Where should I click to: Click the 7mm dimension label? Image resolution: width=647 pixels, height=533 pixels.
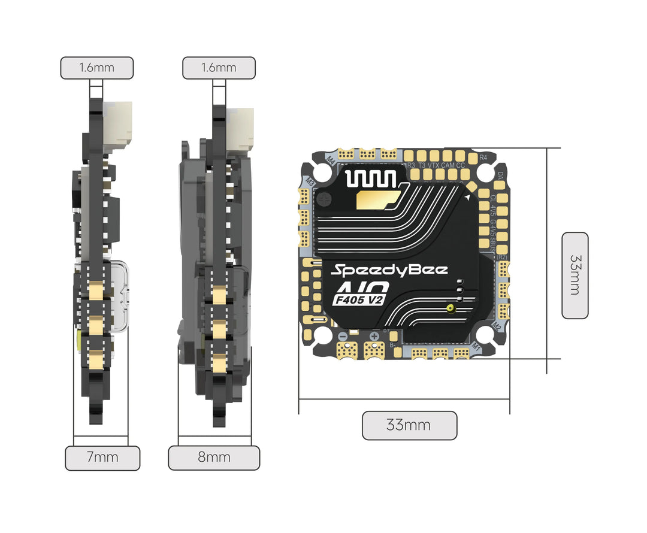pyautogui.click(x=102, y=458)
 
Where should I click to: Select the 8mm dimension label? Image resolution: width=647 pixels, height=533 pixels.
pyautogui.click(x=214, y=458)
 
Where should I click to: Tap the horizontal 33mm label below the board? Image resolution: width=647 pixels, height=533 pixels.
pyautogui.click(x=409, y=426)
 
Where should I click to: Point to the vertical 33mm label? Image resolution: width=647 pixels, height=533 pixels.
pyautogui.click(x=575, y=275)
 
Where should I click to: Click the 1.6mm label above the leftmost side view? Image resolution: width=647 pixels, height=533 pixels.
pyautogui.click(x=96, y=68)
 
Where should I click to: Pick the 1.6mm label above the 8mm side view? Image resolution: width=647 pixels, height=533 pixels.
pyautogui.click(x=219, y=68)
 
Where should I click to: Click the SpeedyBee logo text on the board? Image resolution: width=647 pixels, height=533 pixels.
pyautogui.click(x=390, y=269)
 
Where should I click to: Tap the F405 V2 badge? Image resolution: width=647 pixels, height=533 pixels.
pyautogui.click(x=357, y=299)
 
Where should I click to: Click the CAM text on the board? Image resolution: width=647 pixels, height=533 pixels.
pyautogui.click(x=448, y=165)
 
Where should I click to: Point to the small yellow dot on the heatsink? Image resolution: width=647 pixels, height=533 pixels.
pyautogui.click(x=449, y=308)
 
